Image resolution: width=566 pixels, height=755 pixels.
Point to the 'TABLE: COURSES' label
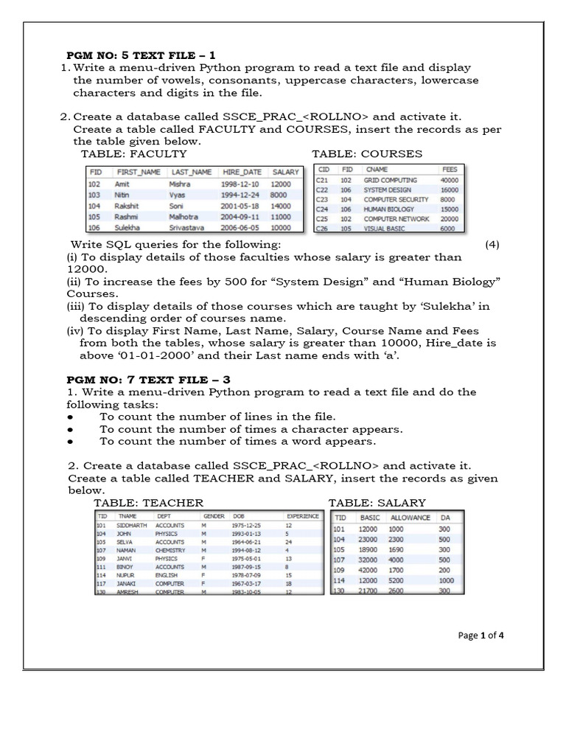click(367, 153)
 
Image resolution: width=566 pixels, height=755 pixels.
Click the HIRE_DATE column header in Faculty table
click(242, 172)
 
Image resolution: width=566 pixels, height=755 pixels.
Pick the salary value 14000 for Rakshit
click(281, 206)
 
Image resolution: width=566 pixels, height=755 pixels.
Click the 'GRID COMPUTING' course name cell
click(391, 180)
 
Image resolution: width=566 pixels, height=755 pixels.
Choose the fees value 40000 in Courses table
click(449, 180)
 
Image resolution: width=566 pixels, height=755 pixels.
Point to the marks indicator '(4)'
click(492, 245)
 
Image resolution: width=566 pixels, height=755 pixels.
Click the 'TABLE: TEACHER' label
click(148, 503)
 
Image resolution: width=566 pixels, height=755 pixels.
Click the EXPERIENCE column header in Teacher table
click(302, 516)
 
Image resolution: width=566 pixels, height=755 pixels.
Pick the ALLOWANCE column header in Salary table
click(410, 518)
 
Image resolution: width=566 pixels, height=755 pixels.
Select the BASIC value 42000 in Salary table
click(368, 570)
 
